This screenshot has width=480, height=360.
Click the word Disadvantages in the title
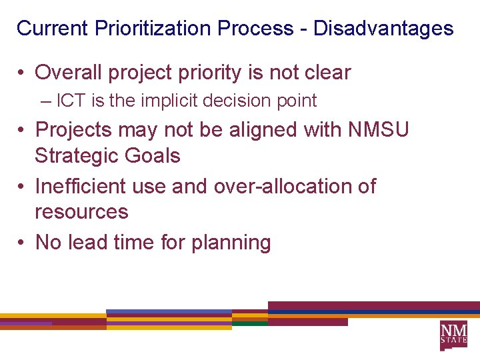click(x=383, y=29)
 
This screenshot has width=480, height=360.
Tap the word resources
click(x=81, y=212)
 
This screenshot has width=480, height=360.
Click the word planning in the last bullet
click(x=231, y=243)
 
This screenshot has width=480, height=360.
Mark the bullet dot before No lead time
click(x=21, y=242)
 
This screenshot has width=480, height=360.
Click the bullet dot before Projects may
click(x=21, y=129)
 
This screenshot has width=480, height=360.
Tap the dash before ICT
click(x=45, y=101)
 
